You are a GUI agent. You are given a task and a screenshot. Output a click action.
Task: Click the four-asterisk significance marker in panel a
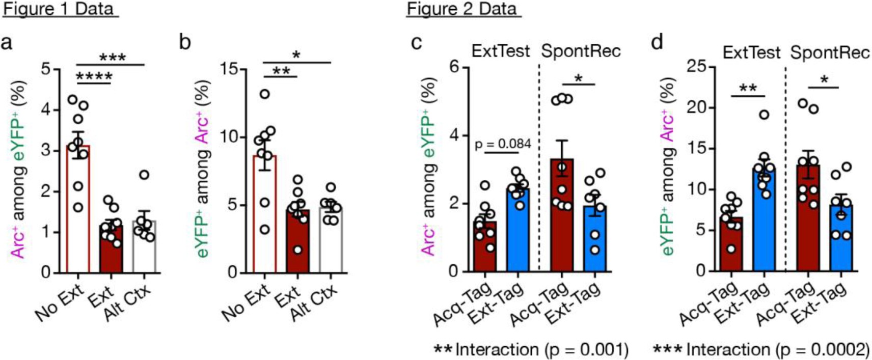pyautogui.click(x=94, y=77)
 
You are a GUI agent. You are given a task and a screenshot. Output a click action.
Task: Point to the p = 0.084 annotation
pyautogui.click(x=503, y=144)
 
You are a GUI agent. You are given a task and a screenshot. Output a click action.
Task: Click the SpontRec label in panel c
pyautogui.click(x=581, y=51)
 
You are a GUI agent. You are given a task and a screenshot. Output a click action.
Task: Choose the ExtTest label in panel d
pyautogui.click(x=751, y=52)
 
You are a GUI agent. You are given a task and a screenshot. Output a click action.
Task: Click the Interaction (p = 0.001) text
pyautogui.click(x=541, y=349)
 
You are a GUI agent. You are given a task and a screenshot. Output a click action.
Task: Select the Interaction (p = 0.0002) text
pyautogui.click(x=777, y=349)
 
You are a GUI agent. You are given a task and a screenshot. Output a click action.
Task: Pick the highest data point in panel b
pyautogui.click(x=264, y=94)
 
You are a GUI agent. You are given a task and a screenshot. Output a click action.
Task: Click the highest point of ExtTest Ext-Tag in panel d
pyautogui.click(x=764, y=115)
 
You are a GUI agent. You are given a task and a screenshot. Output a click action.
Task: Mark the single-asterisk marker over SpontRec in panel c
pyautogui.click(x=578, y=79)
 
